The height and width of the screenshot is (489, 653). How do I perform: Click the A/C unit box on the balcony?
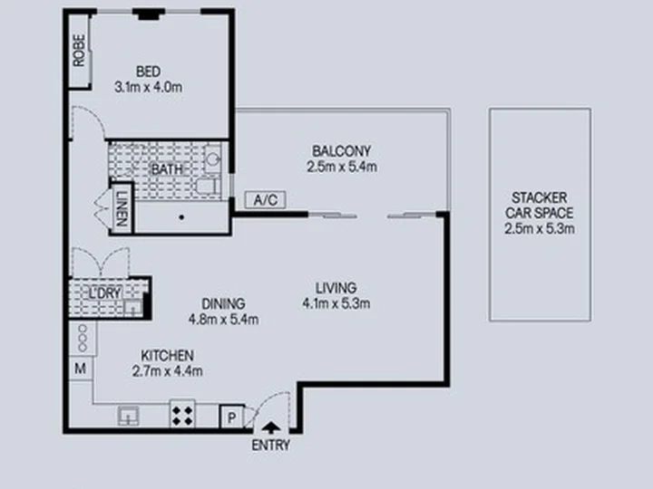[265, 200]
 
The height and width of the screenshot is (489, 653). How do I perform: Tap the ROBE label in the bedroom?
[79, 51]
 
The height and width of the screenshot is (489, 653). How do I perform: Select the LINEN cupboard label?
[122, 208]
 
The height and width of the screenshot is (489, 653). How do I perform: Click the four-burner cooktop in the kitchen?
[182, 413]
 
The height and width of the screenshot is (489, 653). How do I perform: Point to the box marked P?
[231, 417]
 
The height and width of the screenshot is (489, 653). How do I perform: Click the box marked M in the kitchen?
[81, 368]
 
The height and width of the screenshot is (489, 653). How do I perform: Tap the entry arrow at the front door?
[271, 427]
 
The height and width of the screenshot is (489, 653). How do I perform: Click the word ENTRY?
[270, 446]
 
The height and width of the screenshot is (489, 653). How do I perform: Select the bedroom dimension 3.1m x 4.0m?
[148, 87]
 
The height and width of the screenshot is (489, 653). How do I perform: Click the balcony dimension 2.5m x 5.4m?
[342, 167]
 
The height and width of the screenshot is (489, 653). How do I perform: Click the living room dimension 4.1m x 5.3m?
[336, 303]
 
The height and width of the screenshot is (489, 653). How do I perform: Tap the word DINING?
[223, 303]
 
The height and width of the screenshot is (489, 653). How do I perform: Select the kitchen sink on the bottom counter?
[128, 416]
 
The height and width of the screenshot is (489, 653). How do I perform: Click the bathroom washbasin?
[213, 158]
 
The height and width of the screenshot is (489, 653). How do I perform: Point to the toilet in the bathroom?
[208, 187]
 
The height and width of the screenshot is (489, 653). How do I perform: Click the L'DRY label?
[105, 292]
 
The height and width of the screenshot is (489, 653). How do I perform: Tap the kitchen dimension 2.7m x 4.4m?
[168, 371]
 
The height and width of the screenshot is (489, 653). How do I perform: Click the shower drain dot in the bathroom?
[181, 217]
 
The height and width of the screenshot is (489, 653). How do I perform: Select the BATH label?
[167, 169]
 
